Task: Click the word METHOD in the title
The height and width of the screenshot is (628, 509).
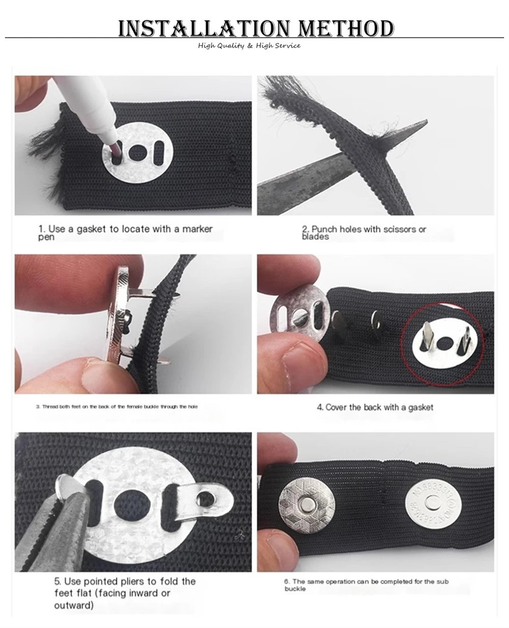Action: pyautogui.click(x=346, y=28)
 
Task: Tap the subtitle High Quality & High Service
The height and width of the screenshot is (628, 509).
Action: pyautogui.click(x=249, y=45)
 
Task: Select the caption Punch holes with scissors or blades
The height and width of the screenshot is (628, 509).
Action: pyautogui.click(x=364, y=233)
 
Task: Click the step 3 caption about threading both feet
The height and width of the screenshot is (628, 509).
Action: pyautogui.click(x=117, y=407)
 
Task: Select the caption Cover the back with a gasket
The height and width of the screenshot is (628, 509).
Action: pyautogui.click(x=375, y=407)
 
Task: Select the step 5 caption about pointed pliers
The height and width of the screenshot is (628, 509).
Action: pyautogui.click(x=125, y=593)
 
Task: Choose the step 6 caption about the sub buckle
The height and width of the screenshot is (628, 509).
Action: pyautogui.click(x=366, y=585)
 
